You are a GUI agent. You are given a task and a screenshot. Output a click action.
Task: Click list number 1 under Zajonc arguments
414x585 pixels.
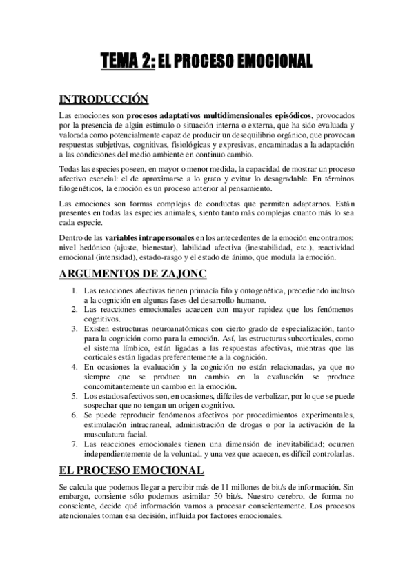point(75,290)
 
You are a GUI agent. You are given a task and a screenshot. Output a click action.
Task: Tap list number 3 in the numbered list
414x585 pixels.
point(75,329)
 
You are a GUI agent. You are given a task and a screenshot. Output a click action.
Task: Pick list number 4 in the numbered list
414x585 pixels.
point(75,368)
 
